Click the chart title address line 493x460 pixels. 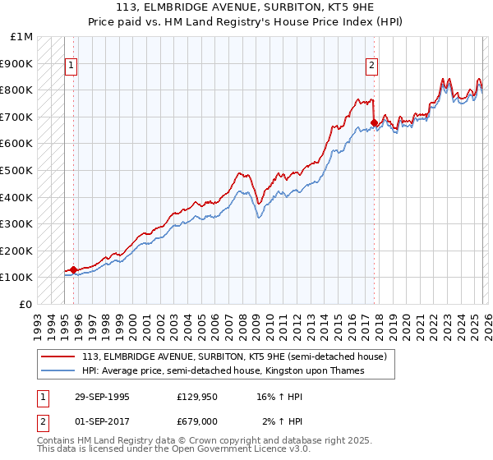point(246,8)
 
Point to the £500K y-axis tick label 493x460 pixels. point(18,170)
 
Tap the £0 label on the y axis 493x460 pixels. point(27,304)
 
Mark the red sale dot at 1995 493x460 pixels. point(74,269)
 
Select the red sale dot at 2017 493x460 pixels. point(374,123)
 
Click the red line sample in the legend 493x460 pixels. point(58,356)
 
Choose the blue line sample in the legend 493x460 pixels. point(58,370)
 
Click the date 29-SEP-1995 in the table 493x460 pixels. point(102,397)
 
